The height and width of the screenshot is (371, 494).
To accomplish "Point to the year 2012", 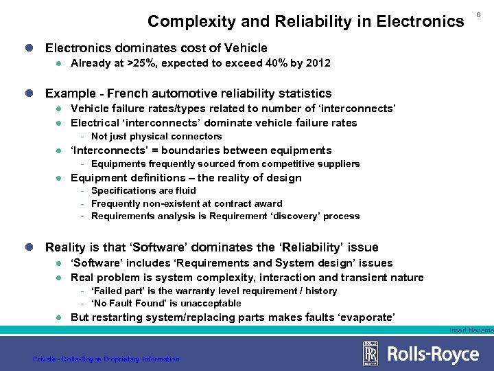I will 318,63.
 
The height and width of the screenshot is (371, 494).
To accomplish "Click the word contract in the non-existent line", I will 238,203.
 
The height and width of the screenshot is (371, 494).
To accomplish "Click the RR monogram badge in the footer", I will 370,354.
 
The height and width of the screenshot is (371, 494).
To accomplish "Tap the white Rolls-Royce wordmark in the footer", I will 433,354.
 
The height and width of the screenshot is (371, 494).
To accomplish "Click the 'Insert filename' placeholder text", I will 471,330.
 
